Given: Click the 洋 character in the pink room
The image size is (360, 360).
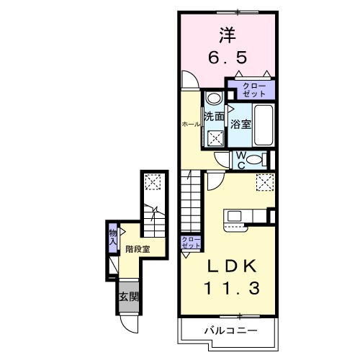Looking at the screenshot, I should [226, 35].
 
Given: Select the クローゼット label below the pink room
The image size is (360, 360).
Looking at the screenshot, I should [253, 90].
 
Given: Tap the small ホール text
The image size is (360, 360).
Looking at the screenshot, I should [190, 124].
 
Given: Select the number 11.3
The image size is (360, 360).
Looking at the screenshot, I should [226, 288].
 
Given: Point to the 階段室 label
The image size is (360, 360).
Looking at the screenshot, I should [137, 249].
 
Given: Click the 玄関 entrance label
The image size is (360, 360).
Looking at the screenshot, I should [127, 297].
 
